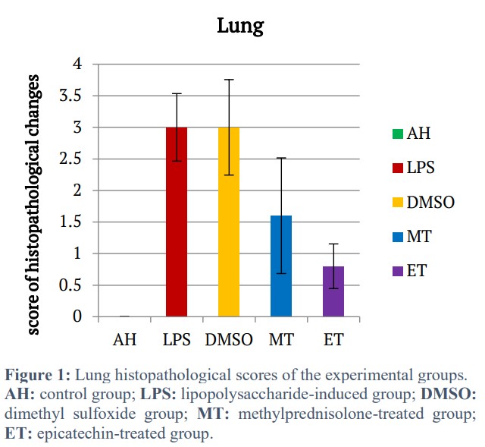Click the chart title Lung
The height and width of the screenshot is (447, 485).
tap(240, 26)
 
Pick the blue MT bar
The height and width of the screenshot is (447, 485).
tap(280, 266)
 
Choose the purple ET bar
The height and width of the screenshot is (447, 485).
tap(333, 291)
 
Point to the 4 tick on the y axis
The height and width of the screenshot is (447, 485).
tap(77, 64)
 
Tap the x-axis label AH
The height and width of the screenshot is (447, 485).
tap(124, 339)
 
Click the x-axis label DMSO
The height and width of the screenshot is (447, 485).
tap(228, 339)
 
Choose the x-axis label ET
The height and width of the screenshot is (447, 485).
tap(333, 339)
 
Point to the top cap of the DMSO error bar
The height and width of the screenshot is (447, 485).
tap(228, 80)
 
